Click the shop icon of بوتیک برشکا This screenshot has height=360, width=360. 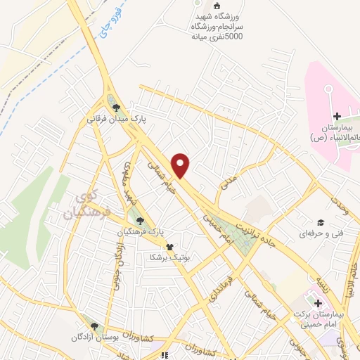click(x=169, y=247)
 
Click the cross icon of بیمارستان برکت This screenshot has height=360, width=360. click(x=319, y=303)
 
